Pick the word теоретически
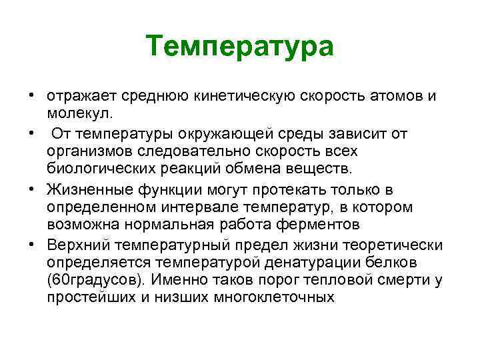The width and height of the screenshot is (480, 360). (401, 246)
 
